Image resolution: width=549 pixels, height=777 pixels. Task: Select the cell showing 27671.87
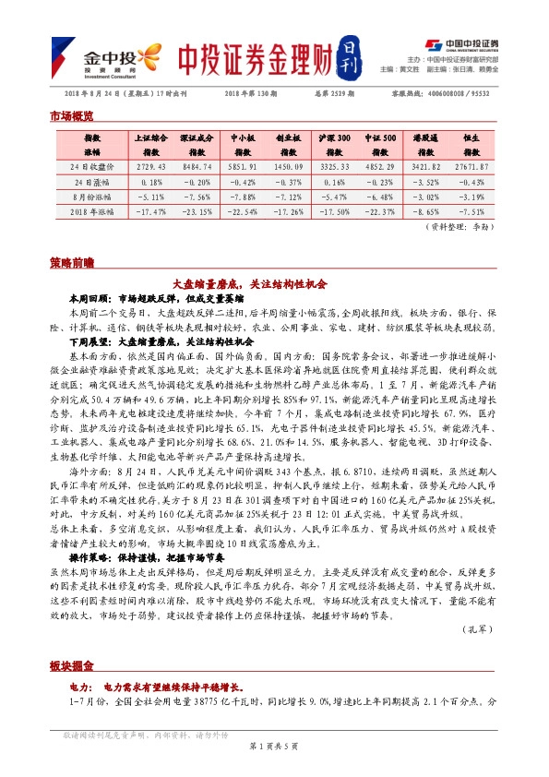click(x=471, y=166)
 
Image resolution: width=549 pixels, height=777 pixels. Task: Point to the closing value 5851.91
click(x=242, y=166)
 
